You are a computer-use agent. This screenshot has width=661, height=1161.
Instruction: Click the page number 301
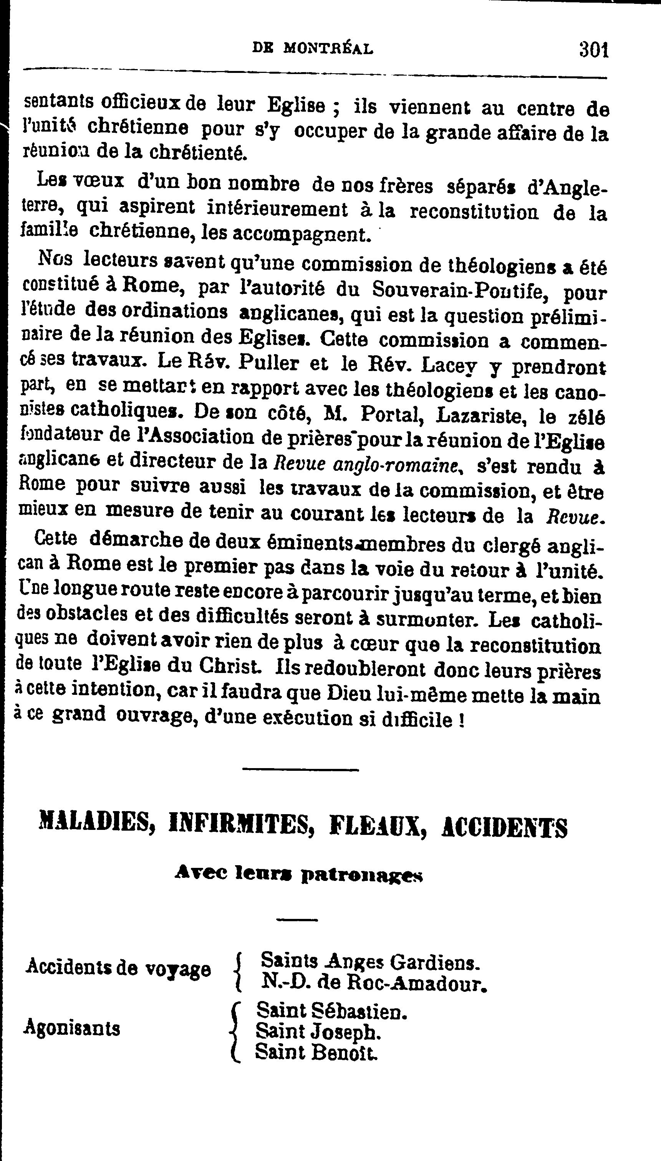click(x=593, y=49)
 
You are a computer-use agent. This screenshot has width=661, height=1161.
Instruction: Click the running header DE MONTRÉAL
click(x=313, y=48)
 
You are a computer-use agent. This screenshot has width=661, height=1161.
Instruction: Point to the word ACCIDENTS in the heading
click(x=504, y=827)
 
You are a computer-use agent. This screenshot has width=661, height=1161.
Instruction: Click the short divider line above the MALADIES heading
click(x=300, y=769)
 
